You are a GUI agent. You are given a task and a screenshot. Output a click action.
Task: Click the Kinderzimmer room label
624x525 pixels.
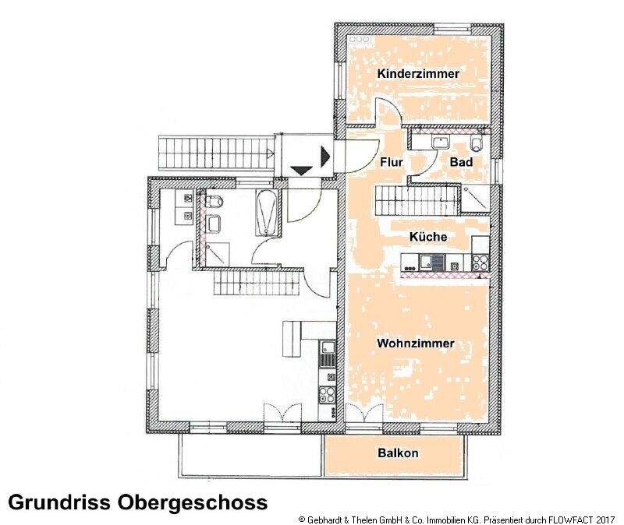tap(418, 74)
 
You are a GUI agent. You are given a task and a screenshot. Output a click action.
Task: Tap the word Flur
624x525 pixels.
tap(390, 163)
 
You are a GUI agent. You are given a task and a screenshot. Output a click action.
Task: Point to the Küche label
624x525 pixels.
tap(428, 236)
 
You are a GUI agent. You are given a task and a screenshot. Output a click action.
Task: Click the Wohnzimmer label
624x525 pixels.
tap(415, 344)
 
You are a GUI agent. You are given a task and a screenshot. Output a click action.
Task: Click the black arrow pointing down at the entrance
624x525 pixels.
tap(300, 169)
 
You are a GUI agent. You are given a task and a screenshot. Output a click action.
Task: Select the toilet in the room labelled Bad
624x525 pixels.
tap(478, 144)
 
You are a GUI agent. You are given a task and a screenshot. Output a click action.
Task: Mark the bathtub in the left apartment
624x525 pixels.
tap(266, 211)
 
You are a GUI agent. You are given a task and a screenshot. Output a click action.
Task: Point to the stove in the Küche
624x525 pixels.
tap(478, 263)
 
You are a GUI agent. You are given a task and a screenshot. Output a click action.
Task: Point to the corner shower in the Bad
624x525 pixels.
tap(474, 199)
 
